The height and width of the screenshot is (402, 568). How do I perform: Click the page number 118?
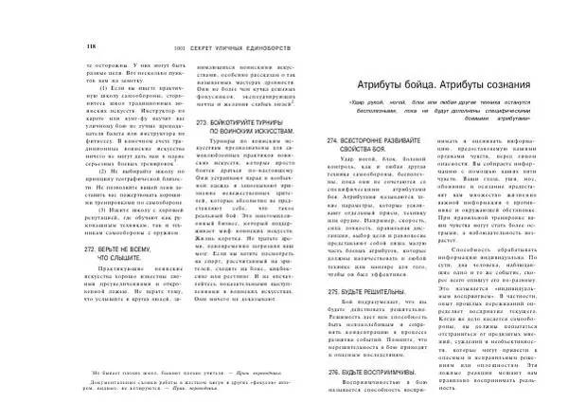point(91,46)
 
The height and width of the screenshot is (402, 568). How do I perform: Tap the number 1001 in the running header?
point(170,46)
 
